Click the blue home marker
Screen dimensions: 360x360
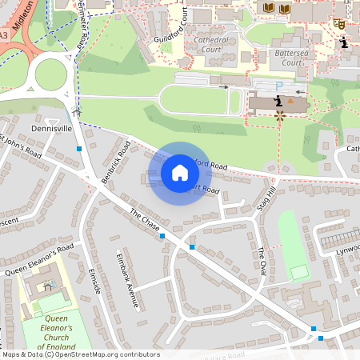[180, 173]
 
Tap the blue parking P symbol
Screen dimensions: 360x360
[279, 86]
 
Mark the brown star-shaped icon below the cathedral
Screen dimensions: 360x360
[280, 116]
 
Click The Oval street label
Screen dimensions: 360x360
[262, 263]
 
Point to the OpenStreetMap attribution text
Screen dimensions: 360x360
[80, 354]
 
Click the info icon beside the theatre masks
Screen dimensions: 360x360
[343, 43]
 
